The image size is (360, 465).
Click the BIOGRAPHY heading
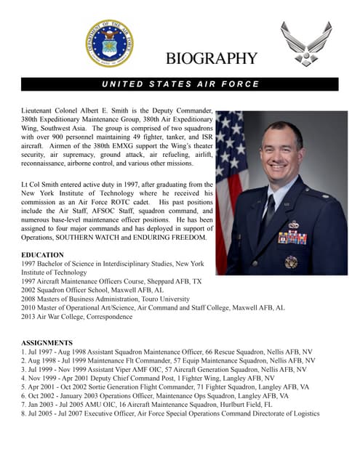211,59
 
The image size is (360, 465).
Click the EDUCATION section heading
42,255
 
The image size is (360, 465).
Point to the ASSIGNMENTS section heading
47,342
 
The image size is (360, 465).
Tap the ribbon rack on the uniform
292,238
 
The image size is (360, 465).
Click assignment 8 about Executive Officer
170,413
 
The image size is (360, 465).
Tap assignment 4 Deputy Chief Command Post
148,378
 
